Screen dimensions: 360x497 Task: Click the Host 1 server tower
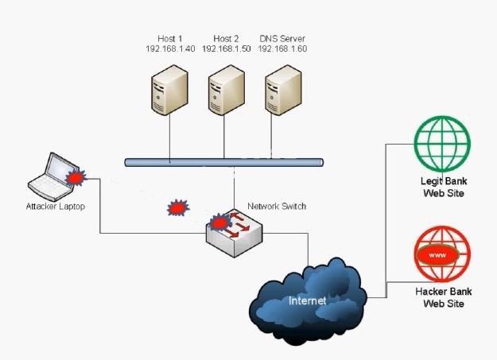point(169,90)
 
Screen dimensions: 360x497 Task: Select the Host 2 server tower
point(225,90)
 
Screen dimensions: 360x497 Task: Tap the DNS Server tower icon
point(282,90)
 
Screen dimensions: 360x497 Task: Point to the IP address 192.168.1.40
point(169,48)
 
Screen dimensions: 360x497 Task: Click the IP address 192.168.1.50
point(226,48)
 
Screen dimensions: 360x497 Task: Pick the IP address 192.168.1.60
point(282,48)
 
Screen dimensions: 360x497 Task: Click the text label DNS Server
point(282,38)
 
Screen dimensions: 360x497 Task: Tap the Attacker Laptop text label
point(55,207)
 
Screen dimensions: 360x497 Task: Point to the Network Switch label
point(277,206)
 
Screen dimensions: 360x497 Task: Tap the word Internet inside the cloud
point(307,301)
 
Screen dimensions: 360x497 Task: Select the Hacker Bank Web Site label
point(439,297)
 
